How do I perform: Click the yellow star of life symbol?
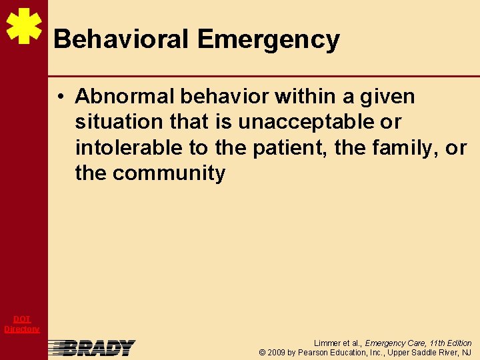pyautogui.click(x=24, y=27)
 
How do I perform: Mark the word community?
pyautogui.click(x=169, y=173)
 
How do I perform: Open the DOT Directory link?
pyautogui.click(x=22, y=324)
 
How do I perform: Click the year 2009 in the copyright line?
pyautogui.click(x=277, y=352)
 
